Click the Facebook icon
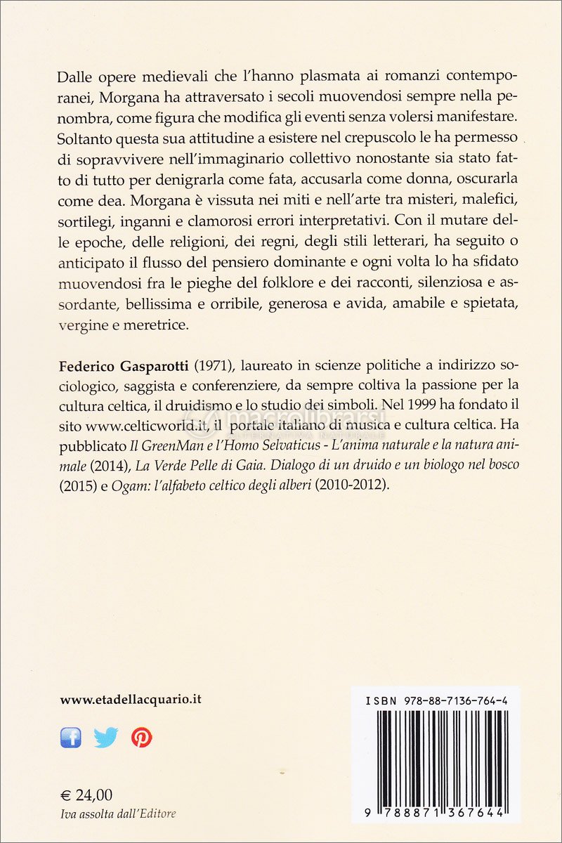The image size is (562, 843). point(71,737)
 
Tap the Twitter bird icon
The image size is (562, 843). point(106,737)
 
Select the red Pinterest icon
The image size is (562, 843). point(141,737)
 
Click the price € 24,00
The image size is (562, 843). point(86,795)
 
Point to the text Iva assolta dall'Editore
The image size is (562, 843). point(118,813)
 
